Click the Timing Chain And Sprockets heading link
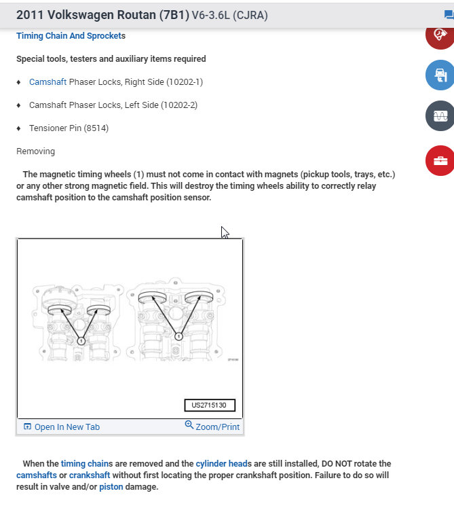[x=68, y=35]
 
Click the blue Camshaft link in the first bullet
[x=48, y=82]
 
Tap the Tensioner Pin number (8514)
[x=96, y=128]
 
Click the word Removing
[x=35, y=151]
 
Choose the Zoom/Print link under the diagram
[x=212, y=427]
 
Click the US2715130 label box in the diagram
[x=209, y=405]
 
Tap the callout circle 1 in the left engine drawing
[x=81, y=340]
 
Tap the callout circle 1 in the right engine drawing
[x=178, y=336]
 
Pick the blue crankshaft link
[x=90, y=475]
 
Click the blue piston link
[x=111, y=487]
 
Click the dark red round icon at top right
[x=439, y=34]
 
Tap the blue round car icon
[x=439, y=75]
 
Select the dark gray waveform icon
[x=439, y=115]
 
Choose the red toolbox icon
[x=439, y=160]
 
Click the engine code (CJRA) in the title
[x=250, y=15]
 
